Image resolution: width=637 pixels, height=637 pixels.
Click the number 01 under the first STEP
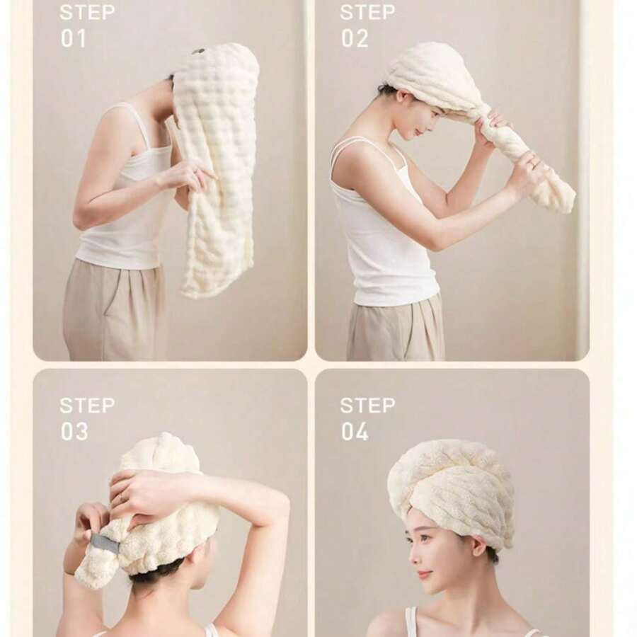click(x=74, y=39)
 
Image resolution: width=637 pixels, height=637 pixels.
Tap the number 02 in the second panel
click(x=355, y=39)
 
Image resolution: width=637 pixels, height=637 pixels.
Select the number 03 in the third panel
click(x=74, y=432)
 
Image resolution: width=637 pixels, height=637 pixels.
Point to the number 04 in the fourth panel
click(x=355, y=432)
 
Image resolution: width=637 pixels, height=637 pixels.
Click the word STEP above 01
click(x=87, y=13)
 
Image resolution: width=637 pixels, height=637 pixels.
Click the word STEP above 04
click(x=367, y=406)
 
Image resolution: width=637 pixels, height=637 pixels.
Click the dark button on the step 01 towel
click(x=198, y=52)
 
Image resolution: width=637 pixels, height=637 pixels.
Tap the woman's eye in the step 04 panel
click(x=424, y=537)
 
